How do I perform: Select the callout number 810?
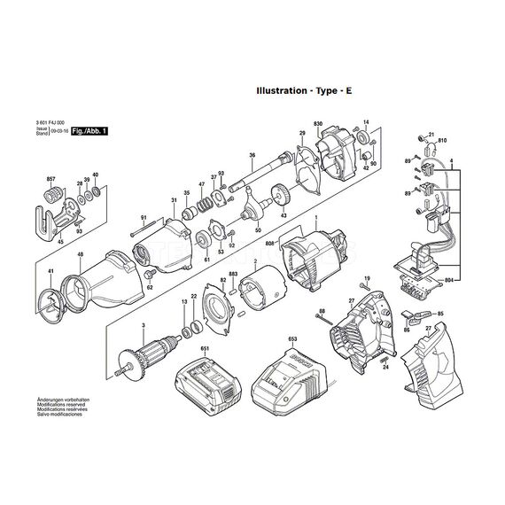click(442, 141)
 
